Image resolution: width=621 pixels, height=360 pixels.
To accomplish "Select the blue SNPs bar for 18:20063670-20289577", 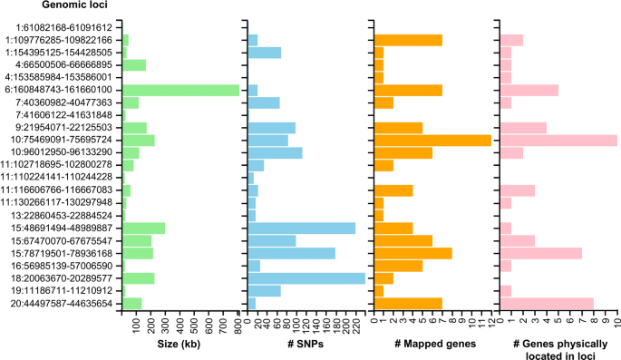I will point(306,278).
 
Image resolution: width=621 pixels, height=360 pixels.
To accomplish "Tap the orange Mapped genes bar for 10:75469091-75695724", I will point(432,140).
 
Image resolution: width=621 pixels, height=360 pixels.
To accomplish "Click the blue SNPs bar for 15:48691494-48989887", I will point(301,228).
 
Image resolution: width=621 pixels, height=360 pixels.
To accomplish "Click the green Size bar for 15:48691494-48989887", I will point(142,228).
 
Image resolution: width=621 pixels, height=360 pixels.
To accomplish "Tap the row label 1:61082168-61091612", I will point(70,27).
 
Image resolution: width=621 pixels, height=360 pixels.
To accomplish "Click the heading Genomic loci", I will point(37,8).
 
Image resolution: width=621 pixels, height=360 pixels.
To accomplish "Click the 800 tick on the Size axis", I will point(238,321).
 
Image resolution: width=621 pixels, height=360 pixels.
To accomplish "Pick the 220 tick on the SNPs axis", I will point(354,321).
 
